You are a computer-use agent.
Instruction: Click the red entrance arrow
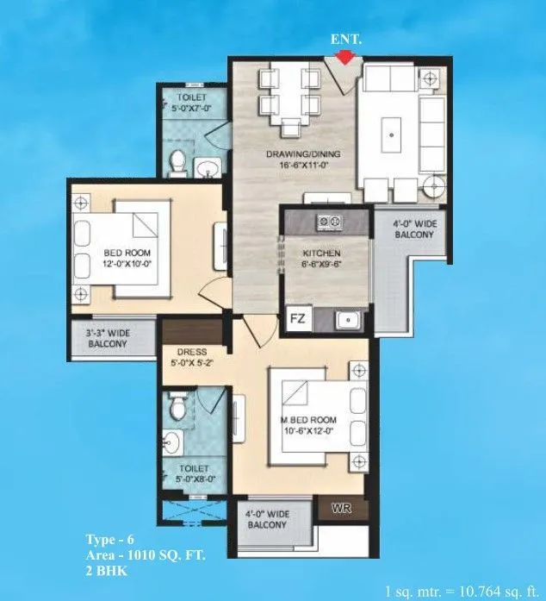click(345, 57)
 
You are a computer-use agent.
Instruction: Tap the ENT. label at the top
click(345, 40)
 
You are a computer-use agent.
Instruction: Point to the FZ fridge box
click(297, 317)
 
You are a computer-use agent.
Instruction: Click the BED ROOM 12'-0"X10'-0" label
click(128, 258)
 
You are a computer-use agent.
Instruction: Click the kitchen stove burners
click(327, 222)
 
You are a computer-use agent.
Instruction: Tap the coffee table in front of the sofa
click(394, 135)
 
